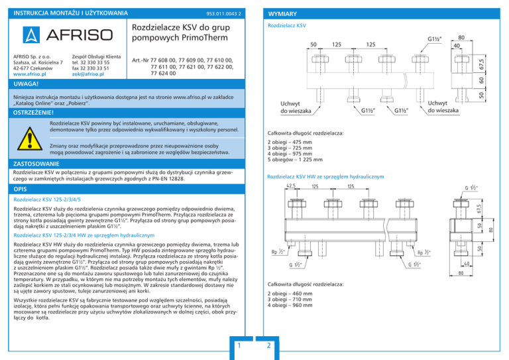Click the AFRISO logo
pos(64,34)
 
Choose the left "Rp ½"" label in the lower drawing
pos(279,252)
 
